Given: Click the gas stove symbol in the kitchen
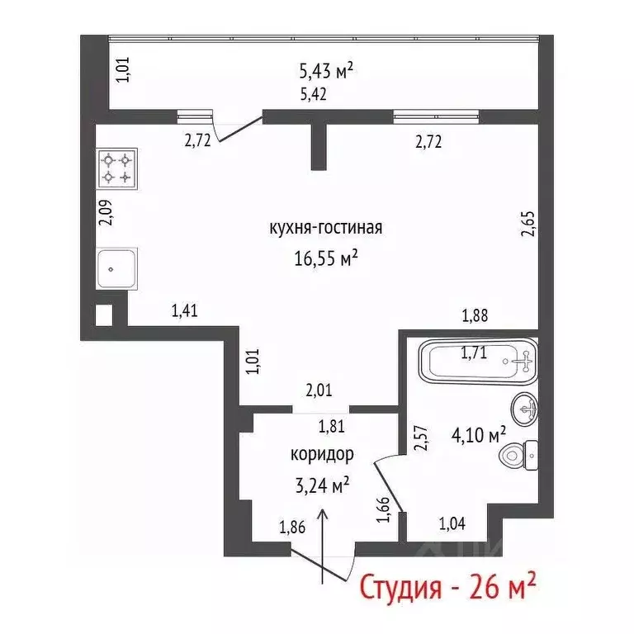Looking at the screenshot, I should pos(116,168).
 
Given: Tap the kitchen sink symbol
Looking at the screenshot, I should pos(117,267).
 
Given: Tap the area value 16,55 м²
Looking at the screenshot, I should pos(325,258).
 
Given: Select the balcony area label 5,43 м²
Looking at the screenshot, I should pos(325,71).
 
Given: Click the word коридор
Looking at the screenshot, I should pos(322,453).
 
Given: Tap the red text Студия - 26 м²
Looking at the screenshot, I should pos(447,589).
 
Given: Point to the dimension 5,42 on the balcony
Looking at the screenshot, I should pos(313,94).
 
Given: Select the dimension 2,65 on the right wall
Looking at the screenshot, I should pos(528,225).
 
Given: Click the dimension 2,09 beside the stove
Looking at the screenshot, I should pos(104,214).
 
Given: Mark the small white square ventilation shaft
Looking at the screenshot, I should pos(103,314).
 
